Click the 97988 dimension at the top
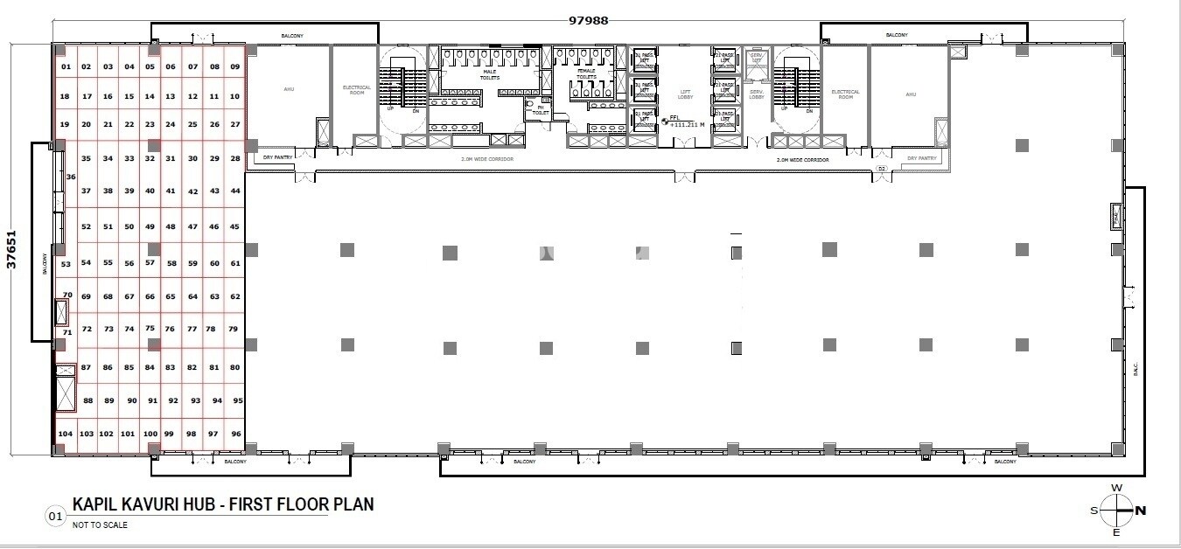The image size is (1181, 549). point(589,19)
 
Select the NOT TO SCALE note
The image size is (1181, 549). point(100,525)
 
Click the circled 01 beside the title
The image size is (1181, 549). point(55,518)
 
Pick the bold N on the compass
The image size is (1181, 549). point(1141,510)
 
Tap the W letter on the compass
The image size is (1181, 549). point(1116,488)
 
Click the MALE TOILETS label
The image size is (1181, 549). point(491,75)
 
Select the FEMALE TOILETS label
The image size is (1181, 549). point(585,73)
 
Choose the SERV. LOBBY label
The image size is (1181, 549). point(757,94)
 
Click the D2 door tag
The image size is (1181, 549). point(882,167)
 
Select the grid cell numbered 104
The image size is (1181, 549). point(65,434)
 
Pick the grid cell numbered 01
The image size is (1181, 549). point(66,66)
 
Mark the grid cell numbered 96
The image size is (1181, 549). point(235,434)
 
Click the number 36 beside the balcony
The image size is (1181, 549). point(71,177)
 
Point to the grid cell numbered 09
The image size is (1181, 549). point(234,66)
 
